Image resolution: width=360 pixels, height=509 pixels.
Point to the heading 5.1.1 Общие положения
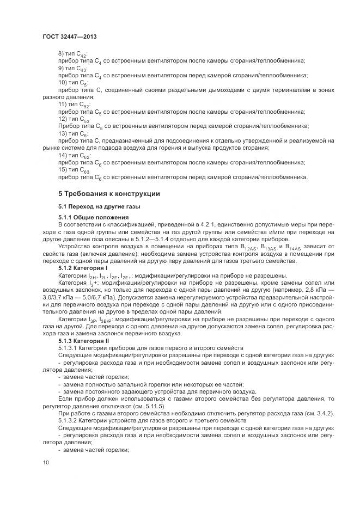90,218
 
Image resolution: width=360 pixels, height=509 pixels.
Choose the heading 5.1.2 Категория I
83,269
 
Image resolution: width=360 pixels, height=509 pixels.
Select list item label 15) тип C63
74,169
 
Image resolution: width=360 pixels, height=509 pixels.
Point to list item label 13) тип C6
73,133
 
